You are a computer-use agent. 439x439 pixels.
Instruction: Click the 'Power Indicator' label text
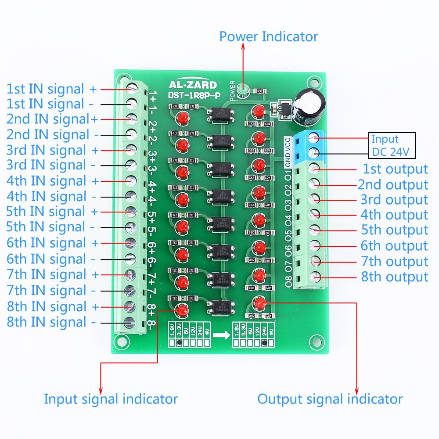coord(269,36)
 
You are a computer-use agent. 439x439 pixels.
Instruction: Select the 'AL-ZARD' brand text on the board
coord(192,85)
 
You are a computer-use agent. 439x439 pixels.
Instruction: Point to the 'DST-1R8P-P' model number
coord(192,94)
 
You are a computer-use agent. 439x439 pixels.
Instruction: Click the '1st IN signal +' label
coord(51,89)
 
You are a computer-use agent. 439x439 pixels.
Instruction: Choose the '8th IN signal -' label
coord(51,322)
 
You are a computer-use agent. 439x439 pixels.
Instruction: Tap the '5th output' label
coord(395,230)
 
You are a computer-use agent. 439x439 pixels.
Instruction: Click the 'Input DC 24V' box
coord(391,146)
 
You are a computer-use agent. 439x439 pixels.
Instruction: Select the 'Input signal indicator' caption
coord(111,399)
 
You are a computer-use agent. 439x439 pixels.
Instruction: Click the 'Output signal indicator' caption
coord(330,399)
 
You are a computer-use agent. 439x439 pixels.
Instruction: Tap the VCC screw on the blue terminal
coord(314,138)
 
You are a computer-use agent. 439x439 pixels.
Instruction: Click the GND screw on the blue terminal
coord(314,153)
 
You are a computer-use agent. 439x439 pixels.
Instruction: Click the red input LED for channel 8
coord(181,311)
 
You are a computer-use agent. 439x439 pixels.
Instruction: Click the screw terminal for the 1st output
coord(314,168)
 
